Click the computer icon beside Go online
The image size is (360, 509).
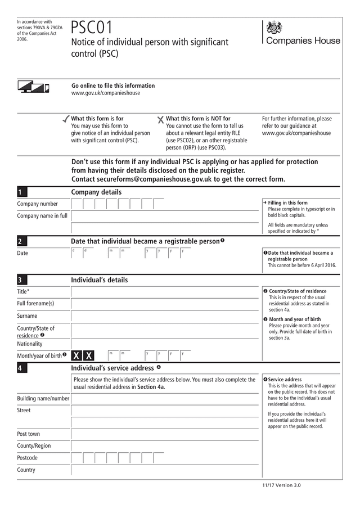33,87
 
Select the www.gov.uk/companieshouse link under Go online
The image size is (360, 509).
106,93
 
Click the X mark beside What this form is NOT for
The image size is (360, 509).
160,119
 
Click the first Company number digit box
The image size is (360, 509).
76,204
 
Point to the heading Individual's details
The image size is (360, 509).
99,280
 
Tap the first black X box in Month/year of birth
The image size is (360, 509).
77,355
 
